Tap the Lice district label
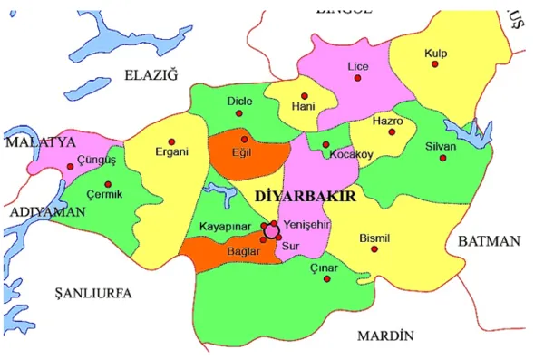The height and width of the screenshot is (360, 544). pyautogui.click(x=359, y=66)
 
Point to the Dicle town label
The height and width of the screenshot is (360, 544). pyautogui.click(x=239, y=101)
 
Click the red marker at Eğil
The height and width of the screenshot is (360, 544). pyautogui.click(x=244, y=140)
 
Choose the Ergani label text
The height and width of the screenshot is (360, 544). pyautogui.click(x=171, y=152)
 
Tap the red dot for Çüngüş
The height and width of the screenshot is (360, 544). pyautogui.click(x=70, y=167)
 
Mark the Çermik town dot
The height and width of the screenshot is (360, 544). pyautogui.click(x=108, y=184)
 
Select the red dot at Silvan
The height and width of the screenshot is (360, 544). pyautogui.click(x=442, y=158)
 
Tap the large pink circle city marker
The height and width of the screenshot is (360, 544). pyautogui.click(x=271, y=230)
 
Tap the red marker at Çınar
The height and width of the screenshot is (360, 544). pyautogui.click(x=326, y=279)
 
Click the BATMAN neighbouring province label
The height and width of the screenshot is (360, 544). pyautogui.click(x=489, y=241)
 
